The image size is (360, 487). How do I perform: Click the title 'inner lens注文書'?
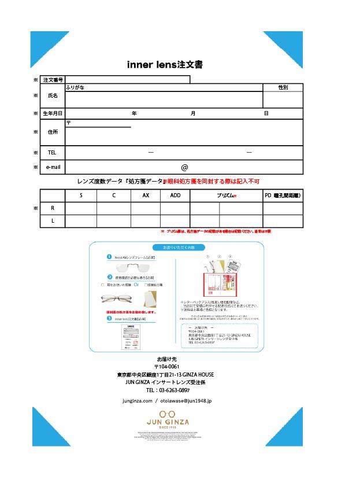(165, 64)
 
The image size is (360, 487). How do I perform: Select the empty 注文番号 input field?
(127, 79)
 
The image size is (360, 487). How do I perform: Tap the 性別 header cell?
(283, 87)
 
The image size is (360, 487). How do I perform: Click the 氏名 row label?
(53, 95)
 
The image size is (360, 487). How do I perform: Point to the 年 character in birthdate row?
(134, 113)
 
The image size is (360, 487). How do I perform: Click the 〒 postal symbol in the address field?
(69, 123)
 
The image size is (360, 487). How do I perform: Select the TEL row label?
(53, 153)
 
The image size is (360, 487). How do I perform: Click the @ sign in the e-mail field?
(184, 167)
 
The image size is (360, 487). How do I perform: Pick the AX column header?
(146, 195)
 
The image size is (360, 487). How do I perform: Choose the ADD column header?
(175, 195)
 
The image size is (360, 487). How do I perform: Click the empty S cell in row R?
(81, 208)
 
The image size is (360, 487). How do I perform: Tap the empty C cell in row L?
(113, 221)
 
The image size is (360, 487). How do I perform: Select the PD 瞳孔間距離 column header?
(283, 195)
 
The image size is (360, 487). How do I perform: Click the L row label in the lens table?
(53, 221)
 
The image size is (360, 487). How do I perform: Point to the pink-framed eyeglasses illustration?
(117, 298)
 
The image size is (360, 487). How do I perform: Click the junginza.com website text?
(138, 400)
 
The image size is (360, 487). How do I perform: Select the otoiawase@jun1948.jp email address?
(186, 400)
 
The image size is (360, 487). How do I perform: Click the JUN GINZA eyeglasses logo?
(168, 418)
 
